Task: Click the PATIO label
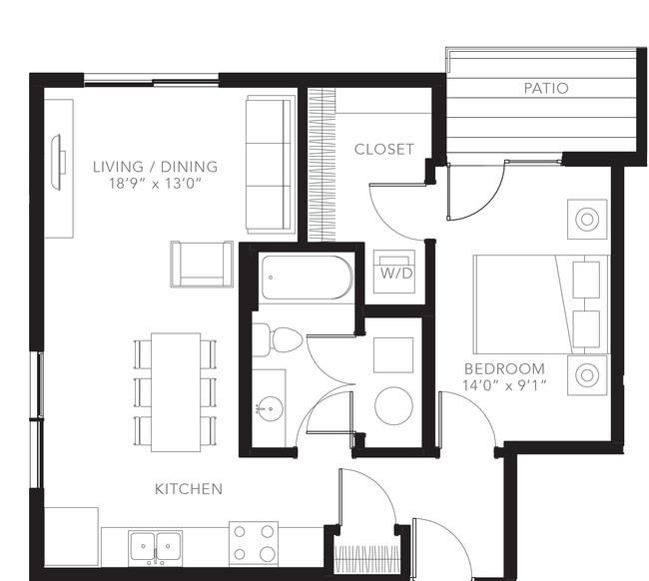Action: [x=546, y=88]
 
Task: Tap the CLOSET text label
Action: [x=384, y=150]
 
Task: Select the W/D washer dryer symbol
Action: [x=394, y=272]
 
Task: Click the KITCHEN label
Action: [x=189, y=489]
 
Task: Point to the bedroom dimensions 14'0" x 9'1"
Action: [x=504, y=385]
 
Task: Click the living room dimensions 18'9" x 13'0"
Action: [x=155, y=183]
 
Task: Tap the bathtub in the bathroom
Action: [x=307, y=278]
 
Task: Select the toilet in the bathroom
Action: [x=278, y=339]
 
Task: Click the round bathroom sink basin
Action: [x=270, y=408]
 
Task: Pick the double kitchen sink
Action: [x=155, y=547]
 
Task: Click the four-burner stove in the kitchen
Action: [x=254, y=544]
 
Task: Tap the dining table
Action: [x=176, y=392]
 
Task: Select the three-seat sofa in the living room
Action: [x=270, y=165]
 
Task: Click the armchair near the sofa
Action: [x=202, y=264]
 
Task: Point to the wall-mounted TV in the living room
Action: [x=58, y=162]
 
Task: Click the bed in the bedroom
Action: [x=540, y=304]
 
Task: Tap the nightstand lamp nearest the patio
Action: [x=587, y=220]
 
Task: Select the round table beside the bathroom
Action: [x=393, y=406]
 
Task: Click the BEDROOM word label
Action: [x=504, y=368]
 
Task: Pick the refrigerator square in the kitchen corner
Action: [x=71, y=537]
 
